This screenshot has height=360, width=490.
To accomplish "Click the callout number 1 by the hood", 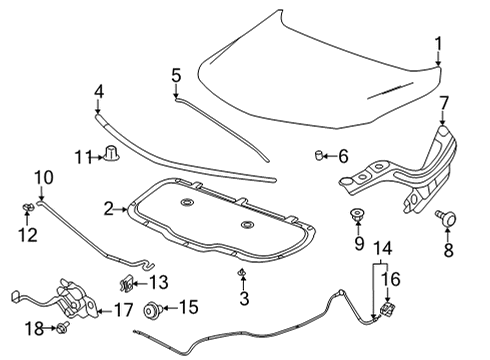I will (x=437, y=42).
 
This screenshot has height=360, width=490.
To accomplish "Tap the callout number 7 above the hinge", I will (x=444, y=102).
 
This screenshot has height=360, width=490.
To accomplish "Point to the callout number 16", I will (x=393, y=279).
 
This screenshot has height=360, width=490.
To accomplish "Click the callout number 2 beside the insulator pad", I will (x=107, y=208).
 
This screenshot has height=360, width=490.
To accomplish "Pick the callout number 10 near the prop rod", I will (x=40, y=178).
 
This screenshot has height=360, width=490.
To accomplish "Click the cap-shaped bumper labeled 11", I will (x=112, y=154).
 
